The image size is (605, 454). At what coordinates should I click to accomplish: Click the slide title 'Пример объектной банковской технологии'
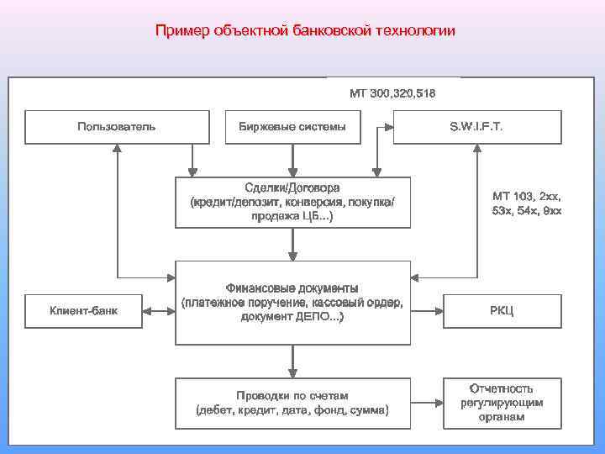tap(305, 32)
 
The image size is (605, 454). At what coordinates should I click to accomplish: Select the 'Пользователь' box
tap(116, 127)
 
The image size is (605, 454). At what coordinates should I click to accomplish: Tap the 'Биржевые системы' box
tap(292, 127)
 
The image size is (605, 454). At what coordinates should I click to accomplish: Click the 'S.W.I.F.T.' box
tap(476, 127)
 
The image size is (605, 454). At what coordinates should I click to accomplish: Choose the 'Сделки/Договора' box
tap(292, 202)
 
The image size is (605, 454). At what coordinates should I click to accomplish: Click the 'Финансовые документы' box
tap(292, 303)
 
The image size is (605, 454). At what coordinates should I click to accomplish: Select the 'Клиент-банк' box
tap(84, 311)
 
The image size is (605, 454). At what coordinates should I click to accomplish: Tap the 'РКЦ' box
tap(502, 311)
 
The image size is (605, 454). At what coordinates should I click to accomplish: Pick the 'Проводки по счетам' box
tap(292, 403)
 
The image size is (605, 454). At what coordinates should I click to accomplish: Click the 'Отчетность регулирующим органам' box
tap(502, 402)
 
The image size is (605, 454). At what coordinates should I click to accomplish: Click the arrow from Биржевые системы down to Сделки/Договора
tap(292, 160)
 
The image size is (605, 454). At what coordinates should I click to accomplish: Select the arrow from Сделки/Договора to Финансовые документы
tap(292, 244)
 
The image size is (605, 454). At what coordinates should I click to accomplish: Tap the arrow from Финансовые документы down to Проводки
tap(292, 361)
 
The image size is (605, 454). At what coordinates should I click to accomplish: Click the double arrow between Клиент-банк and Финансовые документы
tap(159, 311)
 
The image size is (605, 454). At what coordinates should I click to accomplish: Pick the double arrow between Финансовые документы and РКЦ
tap(428, 311)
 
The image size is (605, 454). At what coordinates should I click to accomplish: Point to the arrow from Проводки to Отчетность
tap(428, 403)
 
